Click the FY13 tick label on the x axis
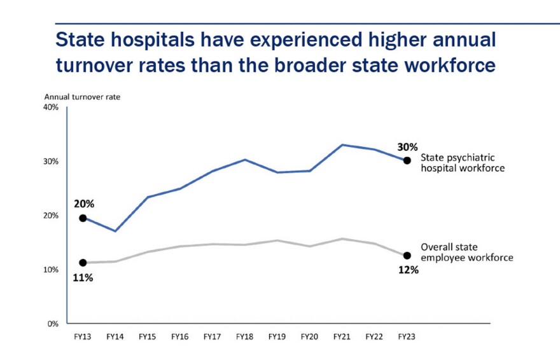coord(83,336)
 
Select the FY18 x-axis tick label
coord(245,336)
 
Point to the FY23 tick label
coord(407,336)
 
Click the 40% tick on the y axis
coord(51,107)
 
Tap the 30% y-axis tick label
coord(51,162)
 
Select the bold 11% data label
coord(83,278)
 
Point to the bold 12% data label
coord(408,270)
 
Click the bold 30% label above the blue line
coord(407,147)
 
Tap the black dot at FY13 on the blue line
coord(83,218)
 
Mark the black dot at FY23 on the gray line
coord(407,256)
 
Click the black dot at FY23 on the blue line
coord(407,160)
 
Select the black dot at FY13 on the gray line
coord(83,263)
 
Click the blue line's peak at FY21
coord(342,145)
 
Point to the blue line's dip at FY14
coord(115,231)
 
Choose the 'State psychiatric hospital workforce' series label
coord(463,163)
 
